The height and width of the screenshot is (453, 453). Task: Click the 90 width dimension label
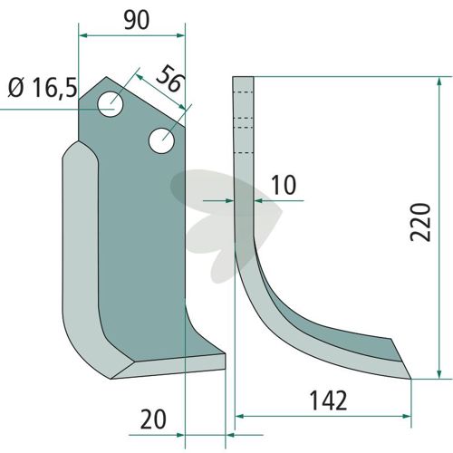coord(137,21)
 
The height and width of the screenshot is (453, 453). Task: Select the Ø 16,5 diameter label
coord(43,88)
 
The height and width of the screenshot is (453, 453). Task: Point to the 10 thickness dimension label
coord(284,185)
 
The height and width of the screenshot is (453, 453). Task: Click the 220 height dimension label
coord(420,222)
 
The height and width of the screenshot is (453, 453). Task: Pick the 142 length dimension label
coord(329,400)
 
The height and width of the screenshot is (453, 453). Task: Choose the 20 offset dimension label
coord(153,419)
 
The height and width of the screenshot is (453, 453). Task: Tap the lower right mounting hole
coord(161,140)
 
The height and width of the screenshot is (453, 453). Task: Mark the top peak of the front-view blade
coord(106,77)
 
